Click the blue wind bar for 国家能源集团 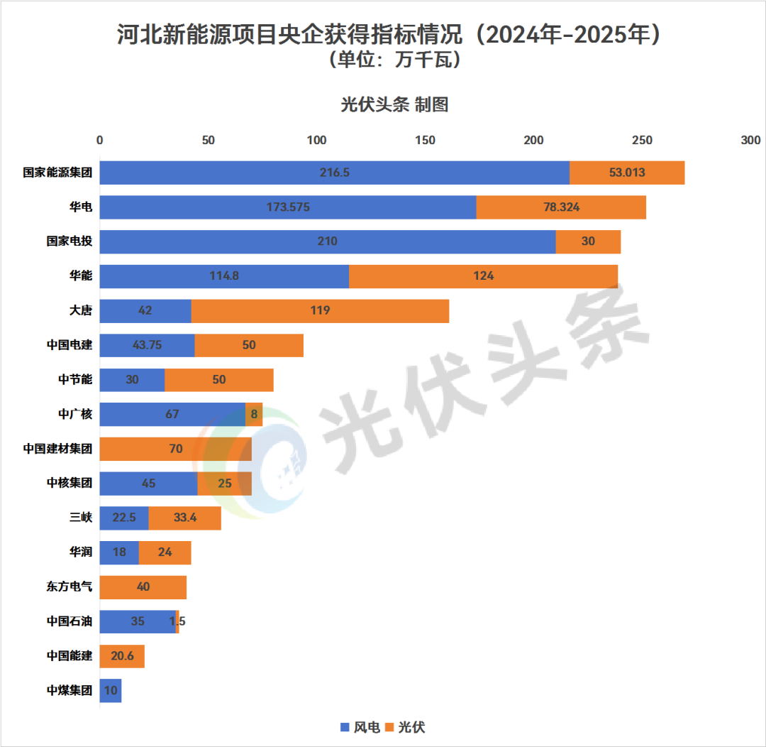(334, 173)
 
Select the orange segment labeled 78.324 (560, 207)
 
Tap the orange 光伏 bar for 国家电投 (588, 241)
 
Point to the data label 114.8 (224, 276)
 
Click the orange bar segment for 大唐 (320, 311)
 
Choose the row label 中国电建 (69, 345)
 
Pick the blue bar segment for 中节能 (132, 380)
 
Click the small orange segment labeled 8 (254, 414)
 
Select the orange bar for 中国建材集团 (175, 449)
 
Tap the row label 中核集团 (69, 484)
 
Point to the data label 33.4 (184, 518)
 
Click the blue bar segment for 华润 (119, 552)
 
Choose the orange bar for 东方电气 (143, 587)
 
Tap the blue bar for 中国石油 (137, 621)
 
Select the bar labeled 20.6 (122, 656)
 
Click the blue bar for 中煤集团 (110, 691)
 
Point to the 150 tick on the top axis (426, 140)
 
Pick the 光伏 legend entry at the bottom (406, 727)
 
